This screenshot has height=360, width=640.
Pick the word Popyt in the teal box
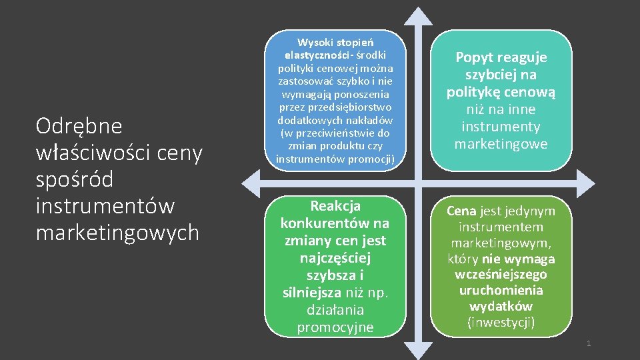(475, 57)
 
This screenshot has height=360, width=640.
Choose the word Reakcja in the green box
(335, 206)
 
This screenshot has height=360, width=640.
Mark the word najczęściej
(335, 257)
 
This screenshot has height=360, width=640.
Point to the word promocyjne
(335, 327)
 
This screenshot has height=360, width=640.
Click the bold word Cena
(461, 211)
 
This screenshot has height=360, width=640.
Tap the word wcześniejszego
(501, 275)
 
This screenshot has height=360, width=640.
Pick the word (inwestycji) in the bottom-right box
(501, 323)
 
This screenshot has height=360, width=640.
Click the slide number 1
(589, 343)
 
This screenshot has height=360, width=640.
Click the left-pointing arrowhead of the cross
(251, 181)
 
